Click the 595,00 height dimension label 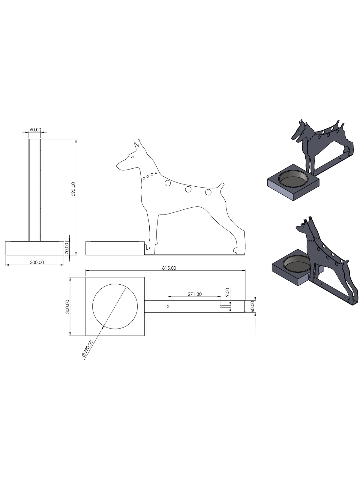coord(73,189)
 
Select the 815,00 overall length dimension coord(169,268)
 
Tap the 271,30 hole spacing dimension coord(195,294)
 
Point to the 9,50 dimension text coord(227,292)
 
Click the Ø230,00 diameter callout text coord(87,349)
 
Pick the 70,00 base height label coord(67,248)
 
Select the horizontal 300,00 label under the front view coord(37,262)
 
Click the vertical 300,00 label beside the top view coord(67,307)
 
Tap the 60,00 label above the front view coord(35,130)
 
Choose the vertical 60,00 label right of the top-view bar coord(253,307)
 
